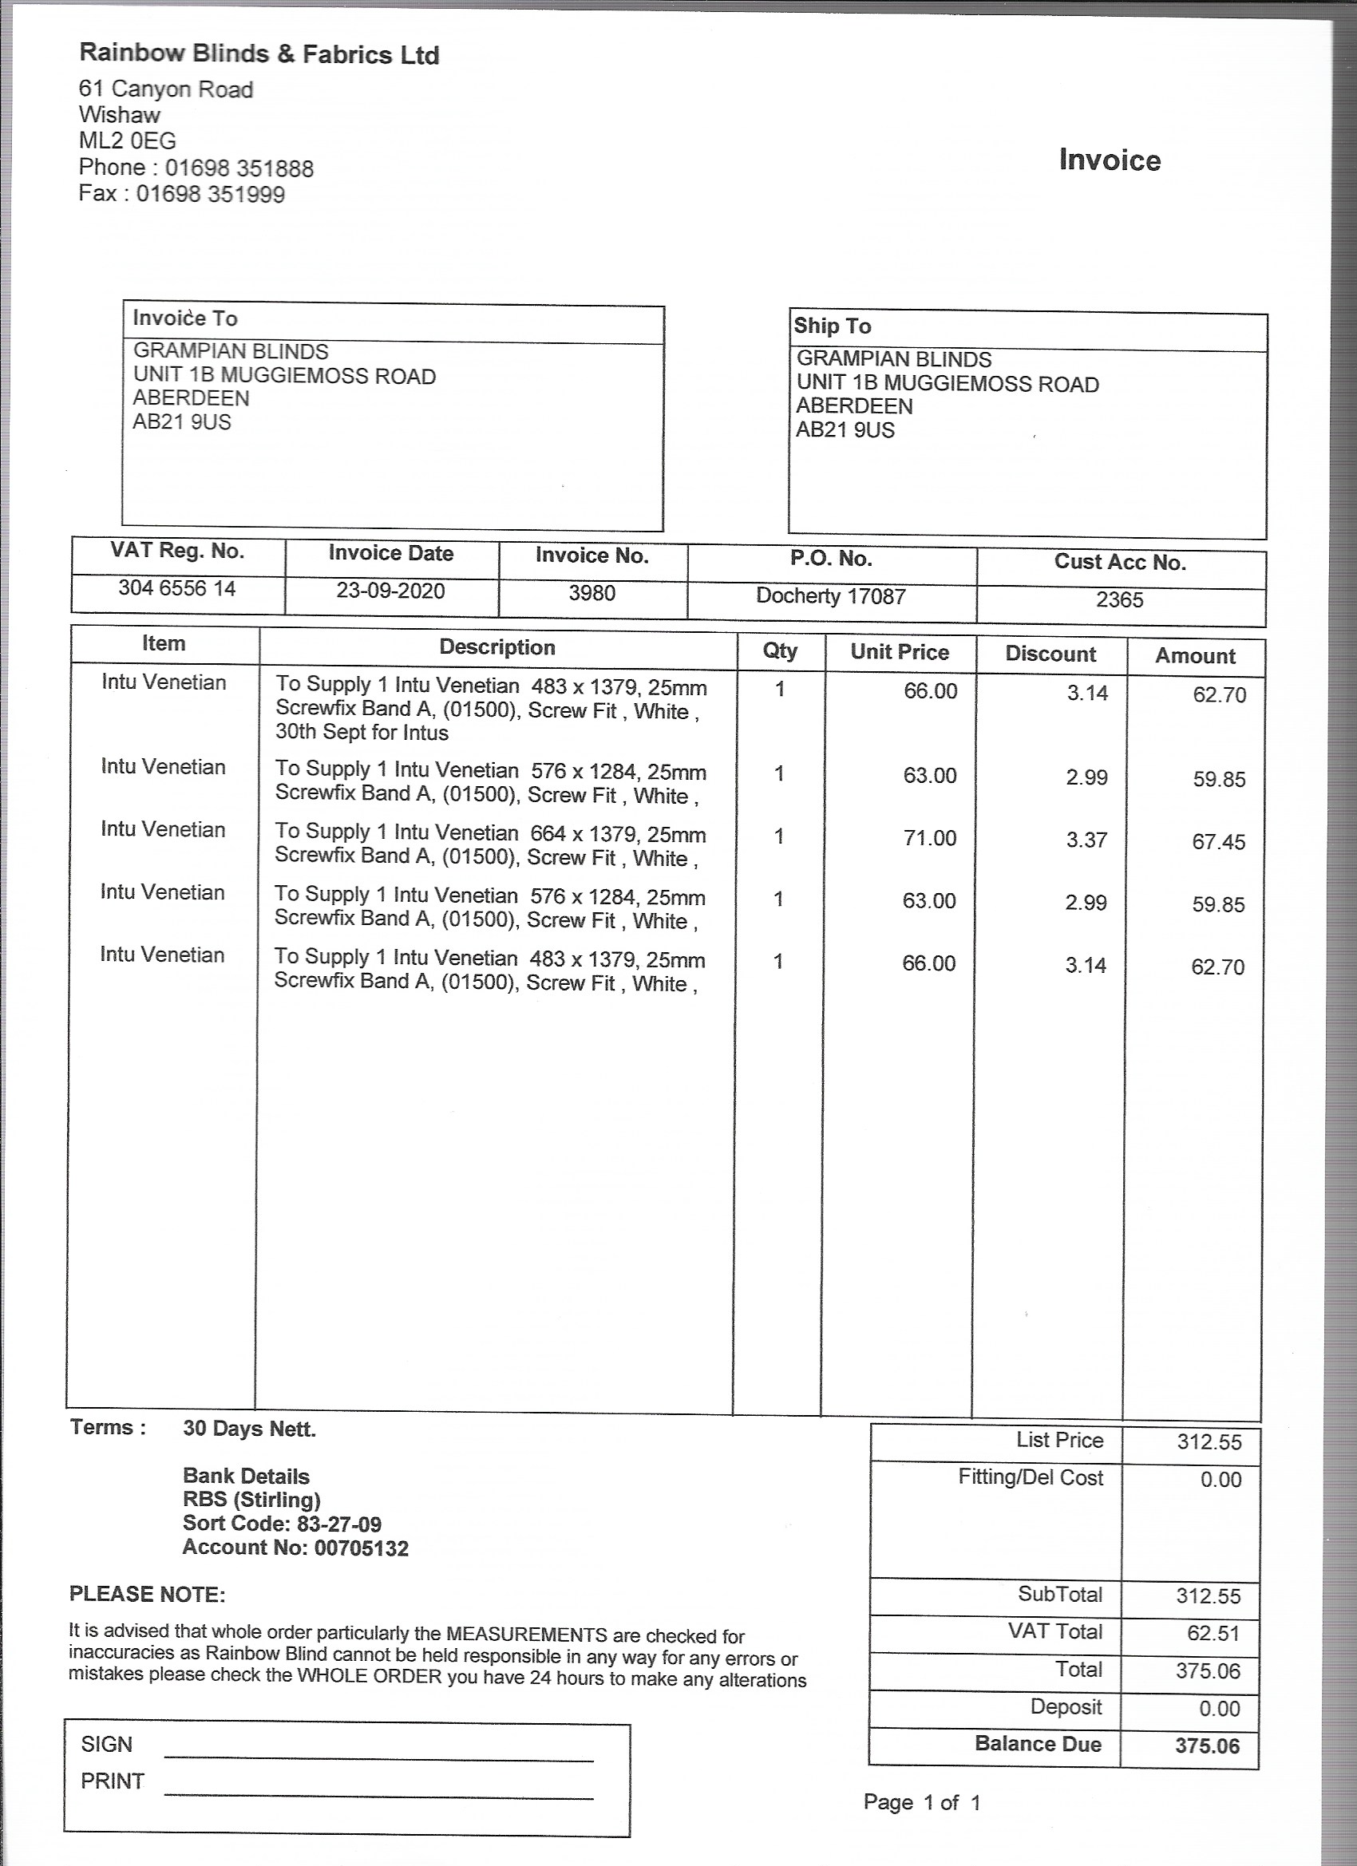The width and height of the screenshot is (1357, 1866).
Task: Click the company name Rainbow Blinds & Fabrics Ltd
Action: tap(259, 54)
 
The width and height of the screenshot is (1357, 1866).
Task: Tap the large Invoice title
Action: tap(1110, 160)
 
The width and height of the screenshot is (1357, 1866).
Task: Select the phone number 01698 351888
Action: tap(239, 168)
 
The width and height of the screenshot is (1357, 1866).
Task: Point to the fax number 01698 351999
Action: tap(210, 195)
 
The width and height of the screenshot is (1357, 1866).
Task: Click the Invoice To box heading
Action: tap(185, 318)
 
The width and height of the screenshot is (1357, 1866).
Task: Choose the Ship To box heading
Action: tap(832, 326)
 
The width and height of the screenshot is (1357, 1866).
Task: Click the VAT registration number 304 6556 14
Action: tap(177, 588)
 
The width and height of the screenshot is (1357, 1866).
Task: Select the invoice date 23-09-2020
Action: tap(390, 591)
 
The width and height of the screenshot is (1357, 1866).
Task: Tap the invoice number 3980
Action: tap(591, 593)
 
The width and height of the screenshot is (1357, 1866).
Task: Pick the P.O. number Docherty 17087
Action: tap(830, 595)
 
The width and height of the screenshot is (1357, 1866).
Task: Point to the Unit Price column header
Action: tap(900, 652)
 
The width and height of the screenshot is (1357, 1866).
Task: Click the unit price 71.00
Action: tap(929, 838)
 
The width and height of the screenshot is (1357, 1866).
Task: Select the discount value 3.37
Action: tap(1086, 840)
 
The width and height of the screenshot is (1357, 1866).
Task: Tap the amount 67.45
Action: tap(1218, 842)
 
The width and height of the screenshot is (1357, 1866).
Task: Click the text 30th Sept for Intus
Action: tap(362, 732)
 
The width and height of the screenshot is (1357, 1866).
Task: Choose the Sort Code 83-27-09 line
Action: tap(282, 1524)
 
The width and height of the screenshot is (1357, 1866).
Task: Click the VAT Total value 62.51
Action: tap(1213, 1633)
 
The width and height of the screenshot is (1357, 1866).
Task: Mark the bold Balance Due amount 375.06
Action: tap(1206, 1745)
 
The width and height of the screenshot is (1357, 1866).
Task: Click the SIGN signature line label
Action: tap(106, 1744)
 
